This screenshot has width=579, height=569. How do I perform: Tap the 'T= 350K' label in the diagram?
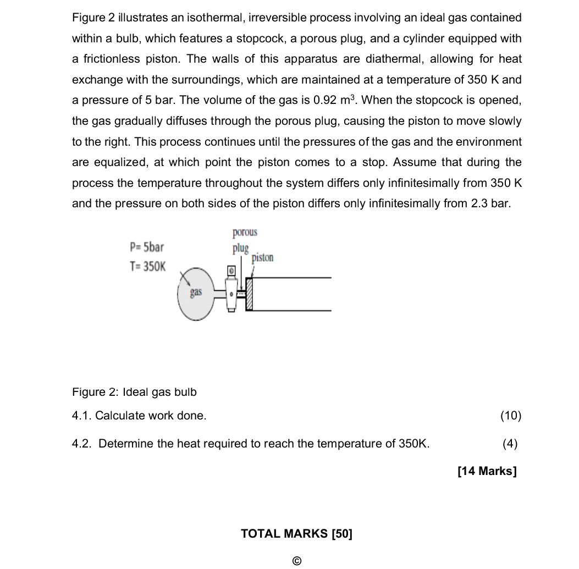coord(147,267)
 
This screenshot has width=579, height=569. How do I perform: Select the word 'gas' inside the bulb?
coord(196,292)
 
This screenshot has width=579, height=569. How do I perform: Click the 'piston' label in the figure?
coord(262,257)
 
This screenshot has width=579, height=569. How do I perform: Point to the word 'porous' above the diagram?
coord(245,233)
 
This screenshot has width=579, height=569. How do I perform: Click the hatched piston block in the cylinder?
coord(249,295)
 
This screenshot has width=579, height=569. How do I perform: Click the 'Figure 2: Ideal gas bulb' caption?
coord(134,392)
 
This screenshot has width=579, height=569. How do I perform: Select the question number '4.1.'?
coord(82,416)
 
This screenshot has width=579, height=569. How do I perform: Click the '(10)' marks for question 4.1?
coord(510,416)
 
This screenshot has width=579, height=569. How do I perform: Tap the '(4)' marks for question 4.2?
coord(510,444)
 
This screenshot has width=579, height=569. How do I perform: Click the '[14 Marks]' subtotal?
coord(487,471)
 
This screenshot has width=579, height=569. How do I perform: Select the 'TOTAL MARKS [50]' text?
coord(296,533)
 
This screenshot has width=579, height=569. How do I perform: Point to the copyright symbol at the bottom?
coord(296,561)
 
